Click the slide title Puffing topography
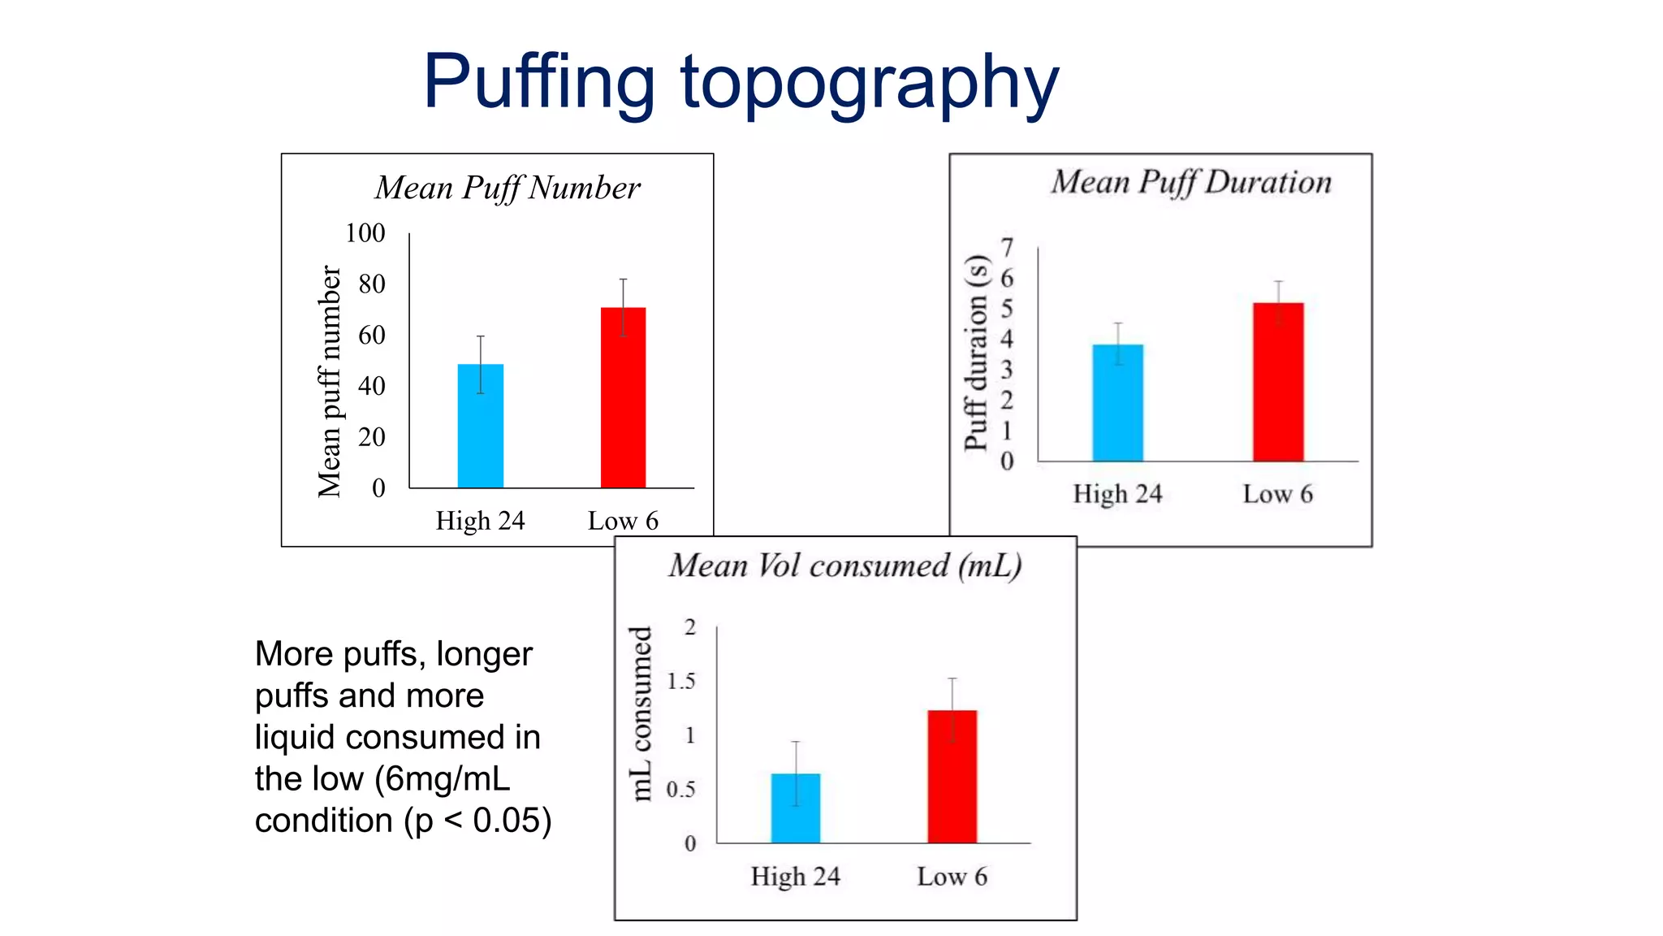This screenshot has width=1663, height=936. pos(741,83)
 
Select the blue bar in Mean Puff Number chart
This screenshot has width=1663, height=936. pos(480,426)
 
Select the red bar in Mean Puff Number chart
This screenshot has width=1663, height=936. pos(623,397)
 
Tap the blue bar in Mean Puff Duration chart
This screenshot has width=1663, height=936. pos(1117,403)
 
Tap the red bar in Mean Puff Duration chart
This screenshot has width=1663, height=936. pos(1277,382)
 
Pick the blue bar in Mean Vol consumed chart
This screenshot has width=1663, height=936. pos(795,808)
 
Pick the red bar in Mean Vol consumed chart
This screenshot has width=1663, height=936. pos(952,776)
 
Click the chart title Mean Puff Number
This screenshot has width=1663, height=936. pos(508,188)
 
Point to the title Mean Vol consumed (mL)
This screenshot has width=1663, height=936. pos(844,565)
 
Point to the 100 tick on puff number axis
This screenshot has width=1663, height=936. pos(365,233)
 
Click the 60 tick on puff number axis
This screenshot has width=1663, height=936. pos(371,335)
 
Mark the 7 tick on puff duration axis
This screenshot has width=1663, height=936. pos(1007,247)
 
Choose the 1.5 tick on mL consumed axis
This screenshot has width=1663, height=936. pos(680,681)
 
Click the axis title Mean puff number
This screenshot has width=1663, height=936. pos(329,381)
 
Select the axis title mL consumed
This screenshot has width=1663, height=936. pos(641,713)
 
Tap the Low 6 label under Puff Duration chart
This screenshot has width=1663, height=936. pos(1277,494)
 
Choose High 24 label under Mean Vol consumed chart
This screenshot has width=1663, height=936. pos(795,877)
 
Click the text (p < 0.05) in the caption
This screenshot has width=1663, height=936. pos(478,821)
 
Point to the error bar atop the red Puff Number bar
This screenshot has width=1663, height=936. pos(623,293)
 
